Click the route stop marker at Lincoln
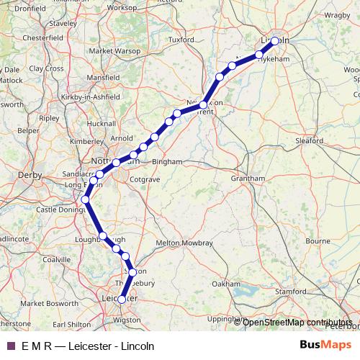point(275,41)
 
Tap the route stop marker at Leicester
point(122,299)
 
